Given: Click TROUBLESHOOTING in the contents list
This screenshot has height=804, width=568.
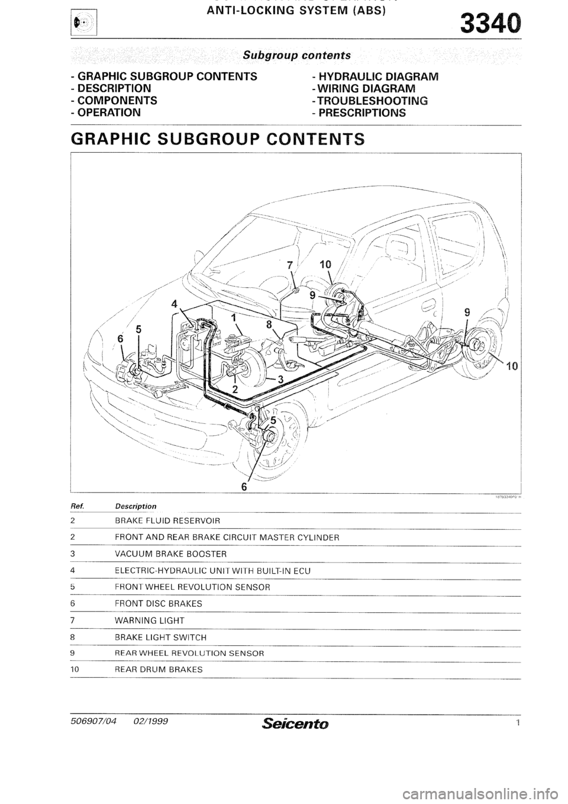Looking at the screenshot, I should click(x=371, y=101).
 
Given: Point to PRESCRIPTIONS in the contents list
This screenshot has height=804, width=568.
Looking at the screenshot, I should click(x=362, y=112).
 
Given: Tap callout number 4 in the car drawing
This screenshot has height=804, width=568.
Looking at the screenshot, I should click(x=174, y=305).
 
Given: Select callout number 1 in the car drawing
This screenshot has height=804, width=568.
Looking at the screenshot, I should click(x=235, y=317).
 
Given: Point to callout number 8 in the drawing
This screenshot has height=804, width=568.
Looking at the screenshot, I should click(x=269, y=324).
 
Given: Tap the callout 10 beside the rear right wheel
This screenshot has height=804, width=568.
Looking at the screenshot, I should click(x=512, y=366).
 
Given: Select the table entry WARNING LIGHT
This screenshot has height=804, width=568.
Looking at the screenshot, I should click(x=150, y=620).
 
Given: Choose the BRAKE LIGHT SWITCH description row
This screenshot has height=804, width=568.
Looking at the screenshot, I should click(x=160, y=638).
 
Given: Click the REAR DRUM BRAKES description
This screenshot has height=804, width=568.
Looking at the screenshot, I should click(x=159, y=670).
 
